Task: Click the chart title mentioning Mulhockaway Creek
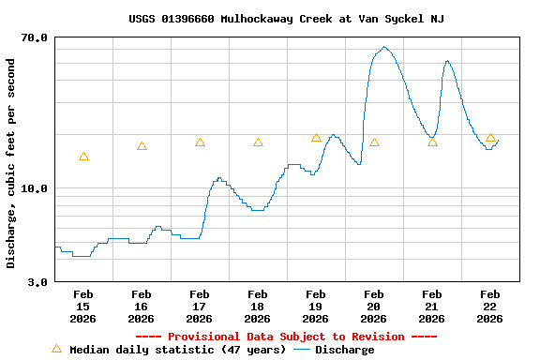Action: (286, 19)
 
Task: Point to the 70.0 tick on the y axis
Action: (35, 37)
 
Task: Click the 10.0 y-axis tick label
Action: (35, 188)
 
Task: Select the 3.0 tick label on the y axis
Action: (37, 281)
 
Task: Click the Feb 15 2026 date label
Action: (82, 307)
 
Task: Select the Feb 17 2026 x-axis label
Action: (199, 307)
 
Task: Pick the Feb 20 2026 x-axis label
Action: (373, 307)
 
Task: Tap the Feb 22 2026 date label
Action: (489, 307)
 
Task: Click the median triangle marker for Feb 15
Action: (83, 157)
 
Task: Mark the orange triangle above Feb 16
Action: (142, 146)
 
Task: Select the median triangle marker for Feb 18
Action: (258, 142)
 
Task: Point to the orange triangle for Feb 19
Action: (316, 138)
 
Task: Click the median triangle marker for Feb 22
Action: (490, 138)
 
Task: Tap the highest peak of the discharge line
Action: (384, 47)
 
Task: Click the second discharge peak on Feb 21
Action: (447, 61)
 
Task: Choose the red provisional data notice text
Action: (286, 337)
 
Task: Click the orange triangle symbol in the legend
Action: (56, 349)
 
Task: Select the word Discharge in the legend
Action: (344, 350)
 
